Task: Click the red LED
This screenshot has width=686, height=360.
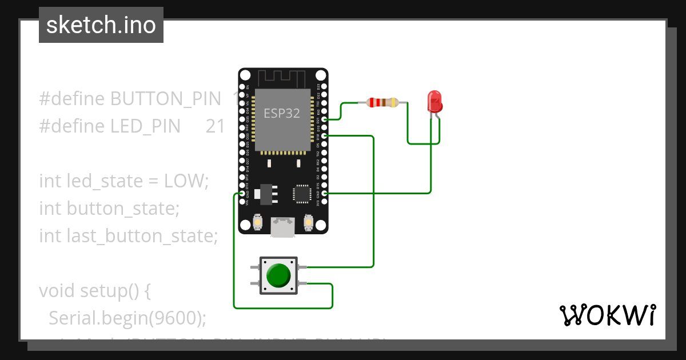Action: click(x=435, y=101)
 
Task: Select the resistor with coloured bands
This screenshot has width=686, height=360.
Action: click(x=383, y=103)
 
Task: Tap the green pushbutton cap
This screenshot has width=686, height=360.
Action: click(x=278, y=275)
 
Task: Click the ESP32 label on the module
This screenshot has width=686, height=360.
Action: click(x=281, y=113)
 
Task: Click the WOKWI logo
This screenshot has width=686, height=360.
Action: click(x=607, y=315)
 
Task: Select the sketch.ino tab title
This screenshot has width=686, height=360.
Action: click(x=101, y=25)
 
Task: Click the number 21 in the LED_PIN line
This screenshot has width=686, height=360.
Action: click(x=216, y=126)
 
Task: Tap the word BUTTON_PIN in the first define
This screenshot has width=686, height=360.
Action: click(x=165, y=99)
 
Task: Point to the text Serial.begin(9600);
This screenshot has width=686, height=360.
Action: click(x=127, y=318)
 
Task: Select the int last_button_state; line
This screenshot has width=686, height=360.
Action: click(x=129, y=236)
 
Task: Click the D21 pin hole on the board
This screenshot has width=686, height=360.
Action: click(x=325, y=119)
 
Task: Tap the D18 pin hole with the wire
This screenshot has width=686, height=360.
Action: click(x=325, y=136)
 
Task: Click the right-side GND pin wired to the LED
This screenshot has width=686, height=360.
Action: click(x=325, y=194)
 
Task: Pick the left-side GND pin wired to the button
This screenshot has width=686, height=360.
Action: click(x=242, y=194)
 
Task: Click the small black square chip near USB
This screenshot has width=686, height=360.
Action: click(x=301, y=193)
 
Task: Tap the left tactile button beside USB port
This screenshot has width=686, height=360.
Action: click(x=258, y=222)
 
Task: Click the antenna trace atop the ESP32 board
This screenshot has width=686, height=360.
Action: click(x=282, y=78)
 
